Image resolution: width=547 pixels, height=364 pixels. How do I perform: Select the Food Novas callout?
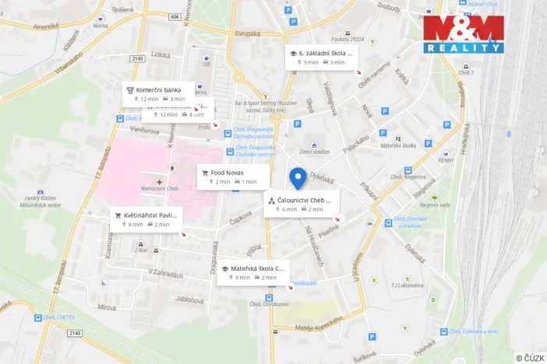pos(227,176)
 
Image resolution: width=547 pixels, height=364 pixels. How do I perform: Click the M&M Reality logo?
pos(463,34)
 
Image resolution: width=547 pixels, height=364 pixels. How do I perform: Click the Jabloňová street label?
pos(190,298)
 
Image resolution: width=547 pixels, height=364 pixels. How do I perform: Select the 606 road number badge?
pos(174,16)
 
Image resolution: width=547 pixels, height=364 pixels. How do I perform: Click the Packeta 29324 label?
pos(347,38)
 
